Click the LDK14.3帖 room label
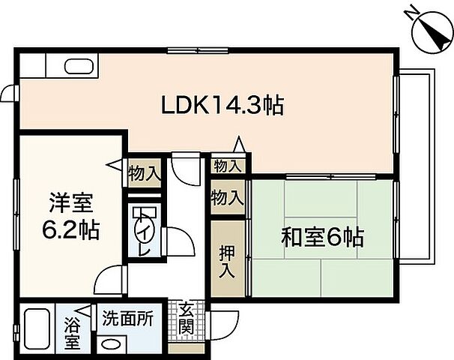coord(223,105)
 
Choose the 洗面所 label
coord(129,317)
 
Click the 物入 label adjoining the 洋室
coord(144,173)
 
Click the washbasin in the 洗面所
coord(112,344)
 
